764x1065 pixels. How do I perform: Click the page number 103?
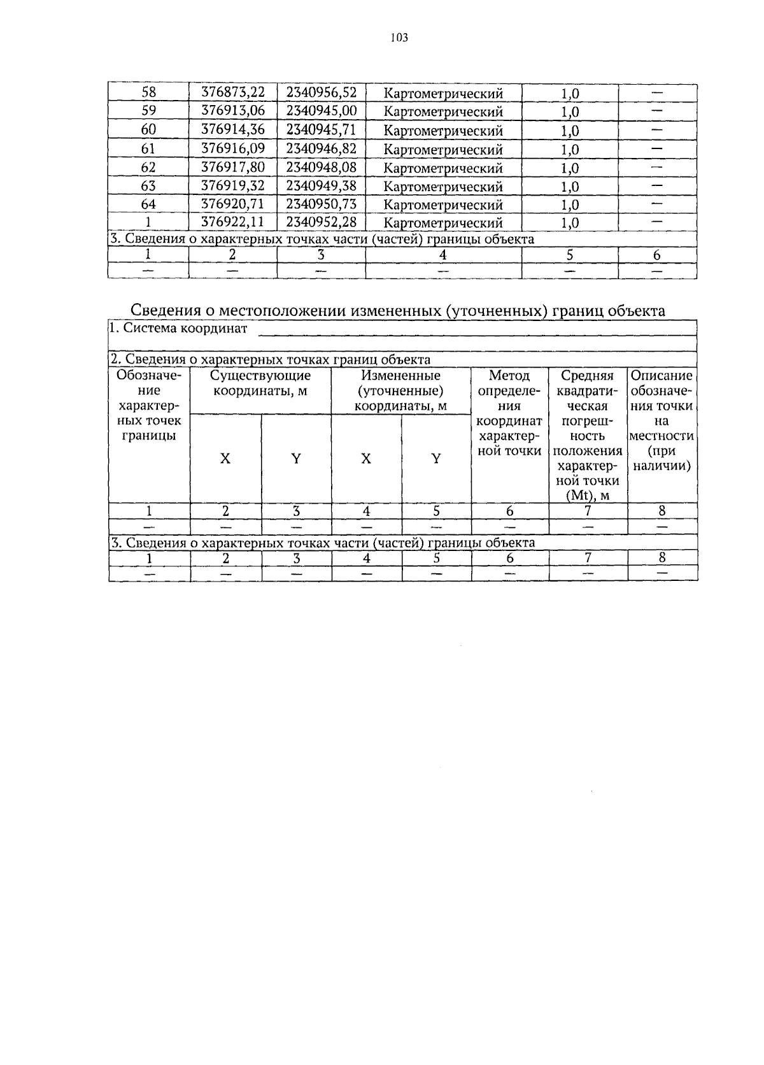pyautogui.click(x=399, y=38)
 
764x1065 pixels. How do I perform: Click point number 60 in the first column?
pyautogui.click(x=148, y=130)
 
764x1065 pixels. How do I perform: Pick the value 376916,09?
pyautogui.click(x=232, y=148)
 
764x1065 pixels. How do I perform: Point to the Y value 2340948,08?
pyautogui.click(x=321, y=168)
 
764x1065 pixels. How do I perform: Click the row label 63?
pyautogui.click(x=148, y=186)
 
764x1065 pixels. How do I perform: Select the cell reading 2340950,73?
pyautogui.click(x=321, y=204)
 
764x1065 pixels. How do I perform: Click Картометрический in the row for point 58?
pyautogui.click(x=444, y=94)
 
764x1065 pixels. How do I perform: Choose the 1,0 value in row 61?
pyautogui.click(x=570, y=150)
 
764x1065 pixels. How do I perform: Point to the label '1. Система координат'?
pyautogui.click(x=178, y=329)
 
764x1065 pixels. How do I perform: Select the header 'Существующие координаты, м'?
pyautogui.click(x=260, y=383)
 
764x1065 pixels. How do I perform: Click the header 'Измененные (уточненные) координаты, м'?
pyautogui.click(x=400, y=390)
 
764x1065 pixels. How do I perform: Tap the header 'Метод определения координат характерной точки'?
pyautogui.click(x=509, y=413)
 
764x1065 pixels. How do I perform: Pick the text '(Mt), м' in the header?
pyautogui.click(x=588, y=496)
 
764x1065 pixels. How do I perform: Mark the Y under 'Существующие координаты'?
pyautogui.click(x=295, y=459)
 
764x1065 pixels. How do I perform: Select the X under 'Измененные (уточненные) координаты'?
pyautogui.click(x=366, y=459)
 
